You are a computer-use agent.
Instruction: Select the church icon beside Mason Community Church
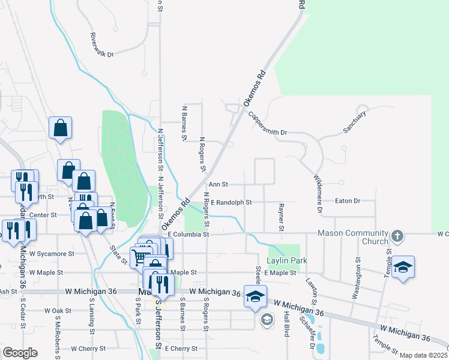397,235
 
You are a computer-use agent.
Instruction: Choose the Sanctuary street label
354,122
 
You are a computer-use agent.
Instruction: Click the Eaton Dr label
348,201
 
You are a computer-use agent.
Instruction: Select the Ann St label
218,185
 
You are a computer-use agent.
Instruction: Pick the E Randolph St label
231,203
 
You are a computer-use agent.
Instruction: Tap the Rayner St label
280,217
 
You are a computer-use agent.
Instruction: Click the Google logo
20,353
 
